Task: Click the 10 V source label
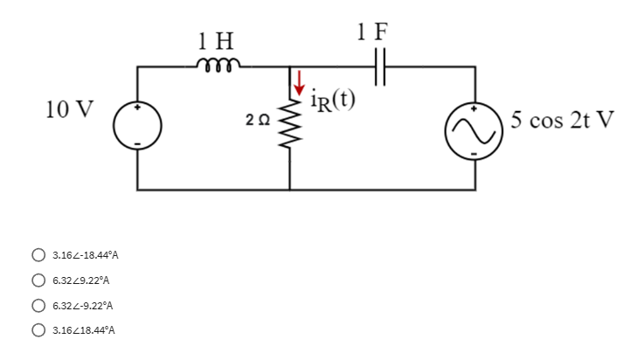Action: pos(71,110)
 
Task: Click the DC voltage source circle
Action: pos(138,127)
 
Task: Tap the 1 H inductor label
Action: pos(215,39)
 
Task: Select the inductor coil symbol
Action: pos(215,62)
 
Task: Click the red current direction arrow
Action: pos(300,83)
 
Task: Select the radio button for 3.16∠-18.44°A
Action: pos(39,256)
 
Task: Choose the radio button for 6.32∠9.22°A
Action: pos(39,280)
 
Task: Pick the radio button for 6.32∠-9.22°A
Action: pos(39,306)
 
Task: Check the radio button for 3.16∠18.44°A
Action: pos(39,331)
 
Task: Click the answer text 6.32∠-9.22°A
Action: pos(83,306)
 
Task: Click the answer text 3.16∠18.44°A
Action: pos(83,331)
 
